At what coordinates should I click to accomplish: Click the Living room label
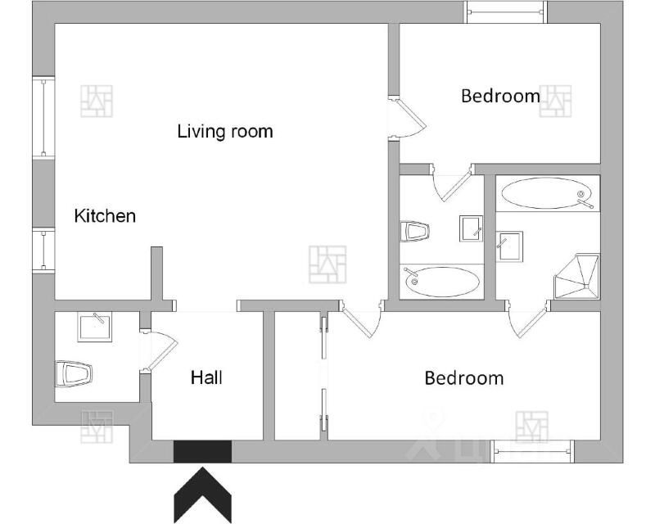(225, 131)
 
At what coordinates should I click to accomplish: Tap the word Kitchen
(105, 216)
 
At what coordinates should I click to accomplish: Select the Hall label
(206, 377)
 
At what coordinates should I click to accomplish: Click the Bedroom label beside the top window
(500, 96)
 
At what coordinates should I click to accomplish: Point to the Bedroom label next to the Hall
(464, 378)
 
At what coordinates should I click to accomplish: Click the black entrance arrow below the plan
(202, 495)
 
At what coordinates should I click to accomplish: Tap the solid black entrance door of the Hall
(202, 452)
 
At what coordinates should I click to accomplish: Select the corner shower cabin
(576, 276)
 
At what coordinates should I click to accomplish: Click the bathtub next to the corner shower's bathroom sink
(547, 193)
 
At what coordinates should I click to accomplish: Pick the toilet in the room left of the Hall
(74, 373)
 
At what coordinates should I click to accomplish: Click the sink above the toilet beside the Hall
(94, 327)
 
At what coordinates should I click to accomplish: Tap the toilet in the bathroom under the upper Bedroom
(414, 231)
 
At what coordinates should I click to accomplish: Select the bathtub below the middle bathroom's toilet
(442, 282)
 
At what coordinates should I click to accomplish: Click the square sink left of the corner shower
(509, 247)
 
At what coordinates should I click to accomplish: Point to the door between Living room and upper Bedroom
(407, 117)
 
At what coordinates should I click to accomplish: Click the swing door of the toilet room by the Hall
(160, 350)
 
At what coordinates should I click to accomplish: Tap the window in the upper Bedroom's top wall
(505, 12)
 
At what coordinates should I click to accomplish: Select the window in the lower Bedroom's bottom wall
(532, 451)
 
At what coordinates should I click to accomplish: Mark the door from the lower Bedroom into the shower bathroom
(528, 318)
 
